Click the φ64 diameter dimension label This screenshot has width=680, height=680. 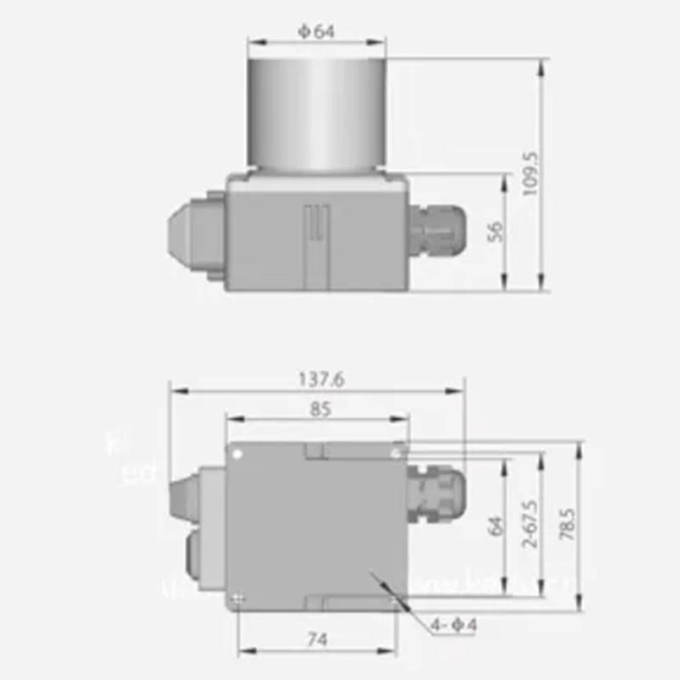coord(316,32)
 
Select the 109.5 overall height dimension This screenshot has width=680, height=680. coord(531,175)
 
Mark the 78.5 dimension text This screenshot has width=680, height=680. coord(568,525)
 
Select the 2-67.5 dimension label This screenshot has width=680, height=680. coord(532,525)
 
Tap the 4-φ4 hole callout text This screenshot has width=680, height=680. coord(453,626)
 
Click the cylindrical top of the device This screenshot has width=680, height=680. coord(316,112)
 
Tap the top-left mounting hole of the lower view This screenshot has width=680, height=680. coord(239,453)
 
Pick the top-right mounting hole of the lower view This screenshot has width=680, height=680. coord(394,454)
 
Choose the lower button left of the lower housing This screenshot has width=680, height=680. coord(191,561)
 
